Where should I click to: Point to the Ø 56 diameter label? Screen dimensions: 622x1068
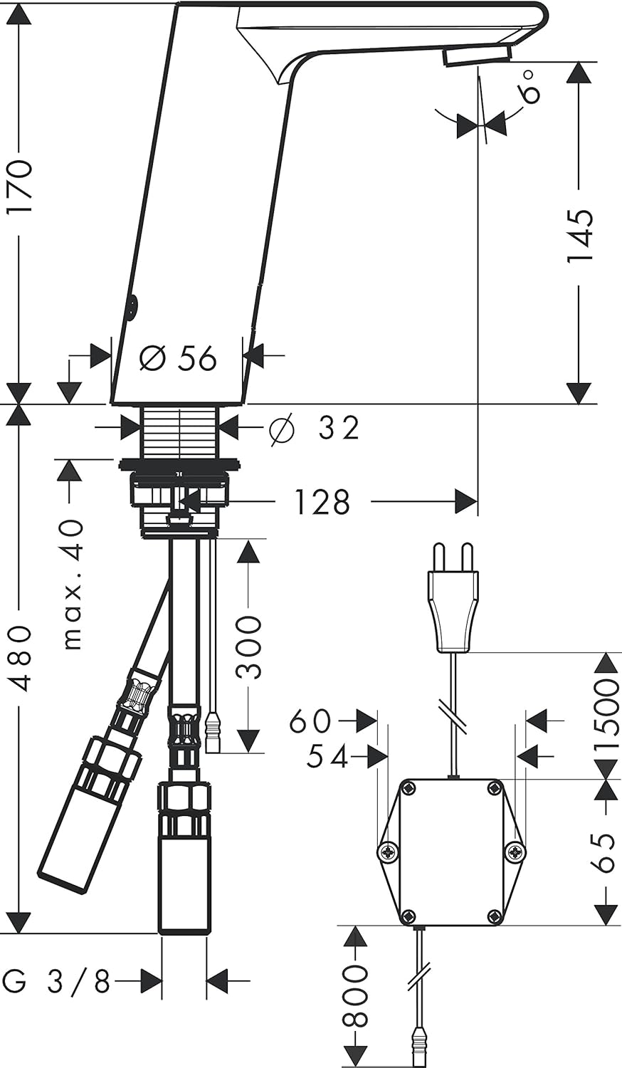click(178, 358)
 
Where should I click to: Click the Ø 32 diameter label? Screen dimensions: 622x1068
click(314, 428)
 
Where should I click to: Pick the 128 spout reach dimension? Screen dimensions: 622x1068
click(322, 502)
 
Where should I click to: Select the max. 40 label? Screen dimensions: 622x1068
click(73, 584)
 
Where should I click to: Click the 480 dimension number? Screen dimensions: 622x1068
click(20, 659)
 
